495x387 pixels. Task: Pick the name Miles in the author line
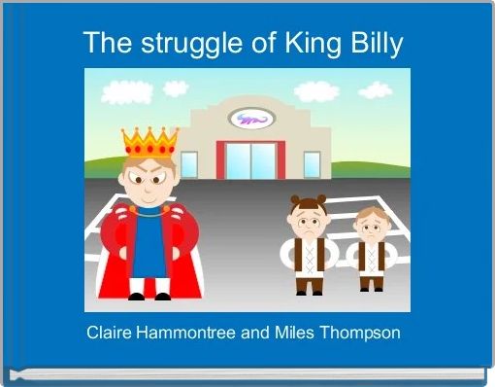click(295, 333)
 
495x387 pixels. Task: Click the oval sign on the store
click(251, 119)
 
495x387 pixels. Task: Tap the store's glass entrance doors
click(250, 161)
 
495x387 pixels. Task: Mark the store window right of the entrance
click(312, 164)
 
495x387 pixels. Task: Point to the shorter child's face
click(369, 227)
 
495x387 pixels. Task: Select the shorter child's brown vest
click(369, 258)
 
